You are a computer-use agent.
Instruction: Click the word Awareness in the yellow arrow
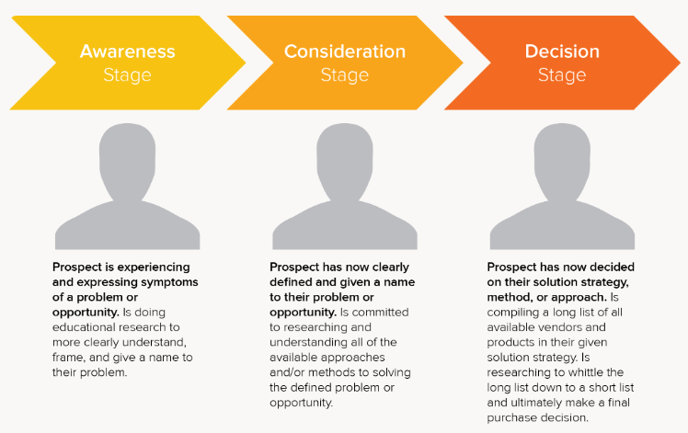[x=127, y=51]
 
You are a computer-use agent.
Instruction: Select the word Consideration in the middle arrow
[x=345, y=51]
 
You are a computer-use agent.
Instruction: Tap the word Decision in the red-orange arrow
[x=562, y=51]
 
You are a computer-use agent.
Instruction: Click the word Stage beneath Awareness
[x=127, y=75]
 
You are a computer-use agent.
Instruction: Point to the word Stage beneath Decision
[x=562, y=75]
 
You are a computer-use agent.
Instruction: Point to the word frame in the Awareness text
[x=67, y=358]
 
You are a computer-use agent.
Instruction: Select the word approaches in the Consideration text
[x=358, y=358]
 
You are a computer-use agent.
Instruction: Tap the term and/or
[x=287, y=372]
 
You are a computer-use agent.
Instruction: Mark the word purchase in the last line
[x=511, y=418]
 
